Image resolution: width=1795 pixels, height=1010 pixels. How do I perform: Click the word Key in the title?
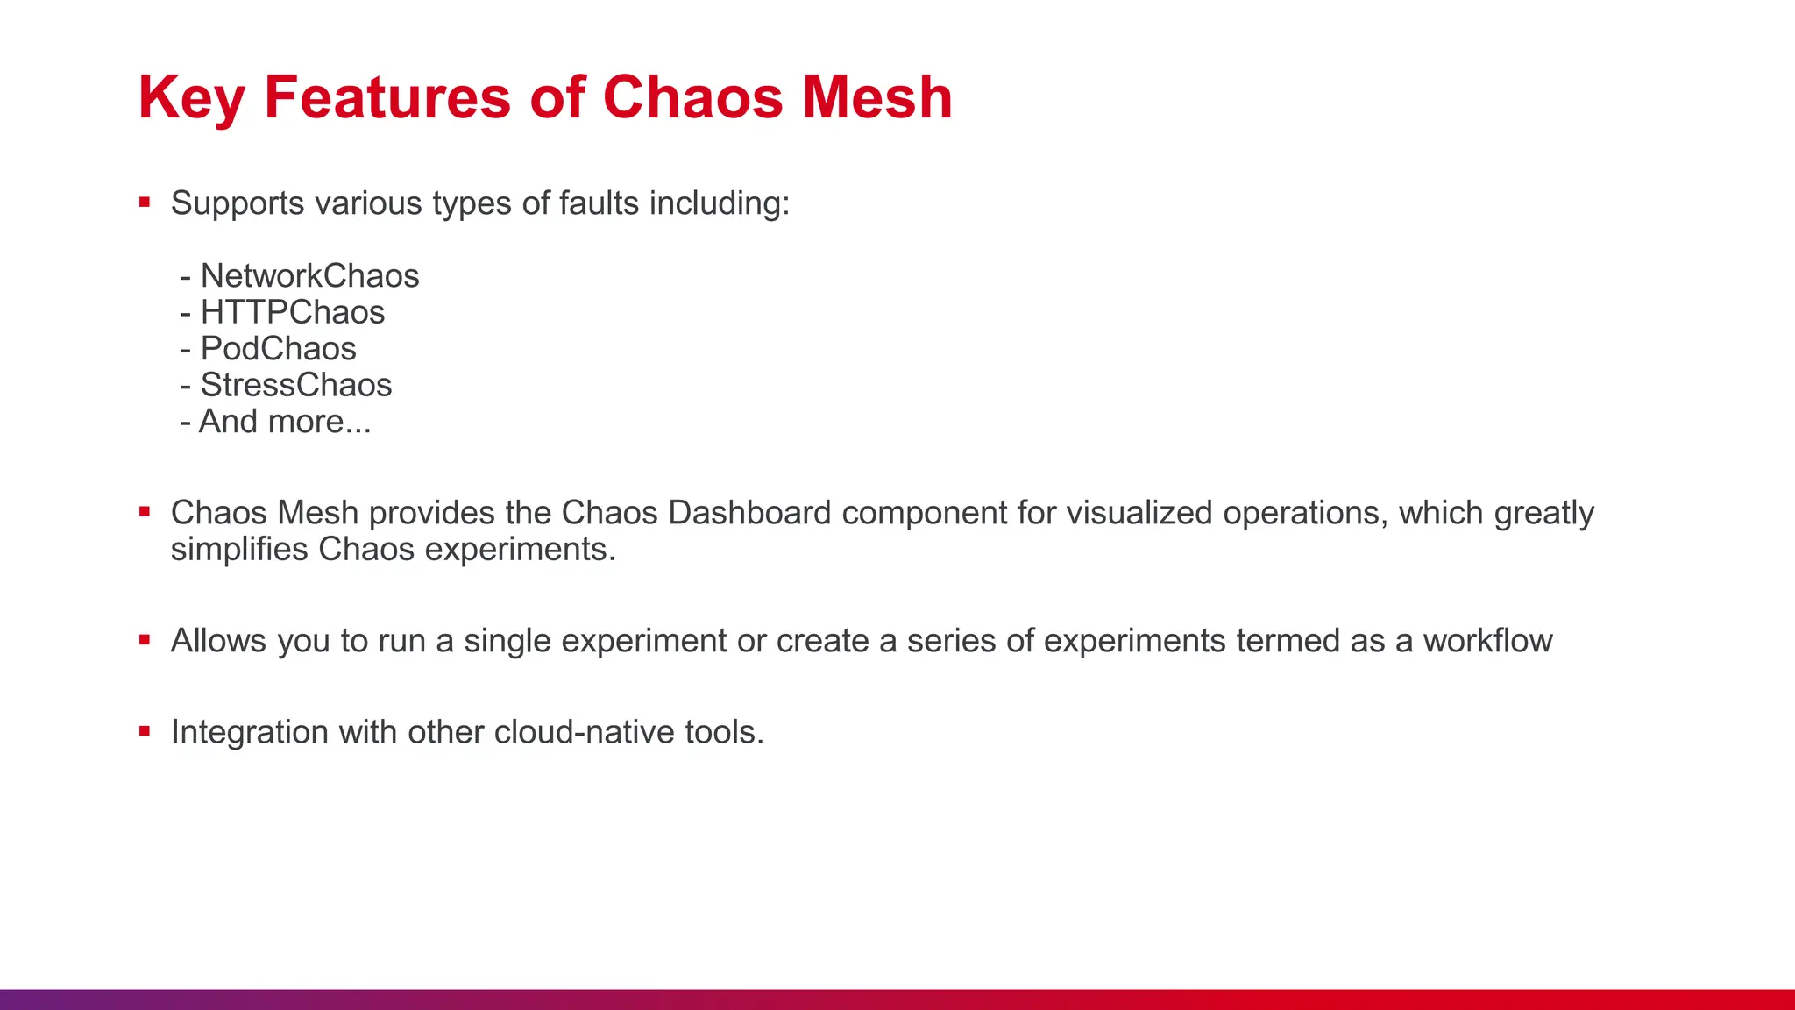pyautogui.click(x=191, y=98)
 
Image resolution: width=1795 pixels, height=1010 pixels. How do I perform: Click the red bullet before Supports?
pyautogui.click(x=145, y=203)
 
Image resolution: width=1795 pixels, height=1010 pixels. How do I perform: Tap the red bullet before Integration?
pyautogui.click(x=145, y=731)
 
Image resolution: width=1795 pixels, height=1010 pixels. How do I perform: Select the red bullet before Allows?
pyautogui.click(x=145, y=640)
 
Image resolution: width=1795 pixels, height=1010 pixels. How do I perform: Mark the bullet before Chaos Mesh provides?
pyautogui.click(x=145, y=512)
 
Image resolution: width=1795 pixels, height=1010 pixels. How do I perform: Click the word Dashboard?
pyautogui.click(x=749, y=513)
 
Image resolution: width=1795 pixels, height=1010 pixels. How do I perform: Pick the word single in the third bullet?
pyautogui.click(x=507, y=641)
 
